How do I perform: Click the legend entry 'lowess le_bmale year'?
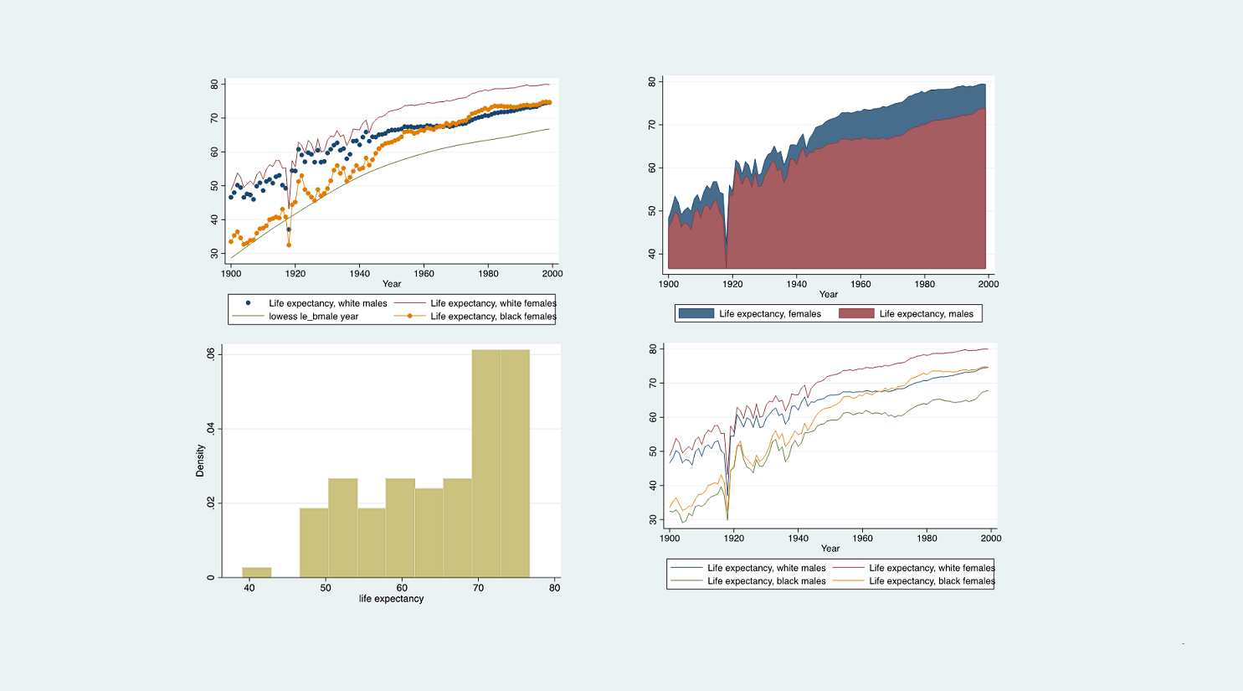pyautogui.click(x=313, y=317)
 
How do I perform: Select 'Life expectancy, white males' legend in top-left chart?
pyautogui.click(x=327, y=303)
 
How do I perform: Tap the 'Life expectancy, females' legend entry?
pyautogui.click(x=769, y=314)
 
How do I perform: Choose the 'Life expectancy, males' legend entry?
pyautogui.click(x=926, y=314)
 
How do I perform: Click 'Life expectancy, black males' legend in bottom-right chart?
pyautogui.click(x=766, y=581)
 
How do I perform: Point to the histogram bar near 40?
pyautogui.click(x=257, y=572)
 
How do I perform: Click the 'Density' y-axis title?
pyautogui.click(x=200, y=461)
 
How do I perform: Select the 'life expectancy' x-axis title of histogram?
pyautogui.click(x=391, y=599)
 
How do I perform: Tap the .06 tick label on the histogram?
pyautogui.click(x=210, y=354)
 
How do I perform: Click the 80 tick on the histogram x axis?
pyautogui.click(x=554, y=588)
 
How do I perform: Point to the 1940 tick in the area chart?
pyautogui.click(x=797, y=284)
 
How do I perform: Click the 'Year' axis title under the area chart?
pyautogui.click(x=828, y=294)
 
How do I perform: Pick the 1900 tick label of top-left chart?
pyautogui.click(x=231, y=274)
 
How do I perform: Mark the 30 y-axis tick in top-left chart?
pyautogui.click(x=214, y=253)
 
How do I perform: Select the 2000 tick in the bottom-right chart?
pyautogui.click(x=991, y=539)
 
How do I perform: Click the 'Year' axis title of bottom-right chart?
pyautogui.click(x=830, y=549)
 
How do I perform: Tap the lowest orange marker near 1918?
pyautogui.click(x=289, y=245)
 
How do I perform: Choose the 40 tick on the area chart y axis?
pyautogui.click(x=652, y=254)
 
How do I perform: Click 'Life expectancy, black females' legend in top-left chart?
pyautogui.click(x=492, y=317)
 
